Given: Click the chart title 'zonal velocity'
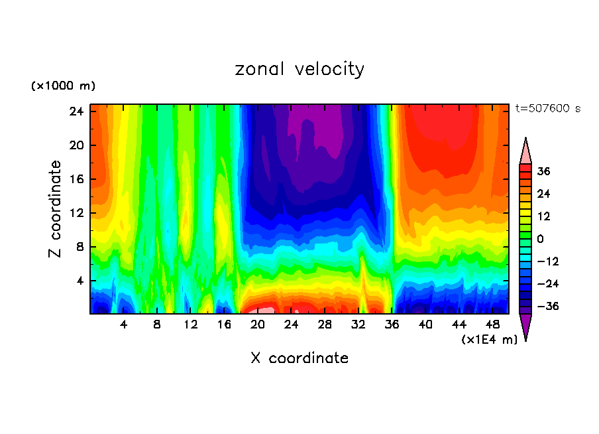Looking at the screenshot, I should tap(299, 69).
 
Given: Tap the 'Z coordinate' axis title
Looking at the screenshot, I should tap(56, 209).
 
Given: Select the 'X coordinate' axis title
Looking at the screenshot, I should tap(299, 358).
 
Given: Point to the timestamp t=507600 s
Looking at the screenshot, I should tap(547, 108).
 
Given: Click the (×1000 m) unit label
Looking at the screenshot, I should tap(63, 86).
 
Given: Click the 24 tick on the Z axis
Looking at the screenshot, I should tap(76, 111).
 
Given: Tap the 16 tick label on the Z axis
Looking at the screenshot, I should tap(76, 179).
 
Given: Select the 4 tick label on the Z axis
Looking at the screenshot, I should tap(80, 281).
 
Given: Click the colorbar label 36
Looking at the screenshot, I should tap(543, 171).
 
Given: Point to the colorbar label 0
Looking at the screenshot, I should tap(540, 239).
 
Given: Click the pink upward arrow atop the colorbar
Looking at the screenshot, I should tap(525, 151).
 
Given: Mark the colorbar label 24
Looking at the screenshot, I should tap(543, 194).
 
